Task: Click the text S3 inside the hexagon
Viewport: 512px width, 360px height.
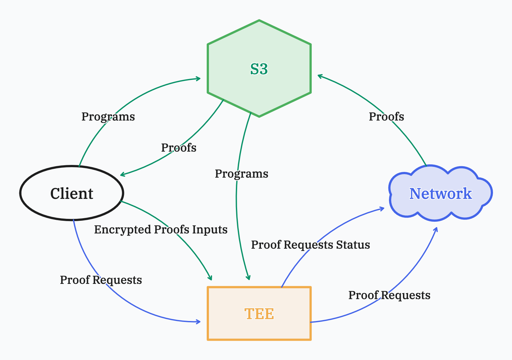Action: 259,69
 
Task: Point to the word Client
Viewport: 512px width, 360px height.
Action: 72,193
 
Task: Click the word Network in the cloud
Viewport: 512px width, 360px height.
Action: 441,193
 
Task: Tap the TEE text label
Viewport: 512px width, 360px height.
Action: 259,314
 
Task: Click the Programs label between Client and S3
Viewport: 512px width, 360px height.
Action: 108,117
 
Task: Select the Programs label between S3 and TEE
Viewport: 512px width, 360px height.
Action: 242,174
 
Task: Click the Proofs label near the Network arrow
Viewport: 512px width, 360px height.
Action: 386,117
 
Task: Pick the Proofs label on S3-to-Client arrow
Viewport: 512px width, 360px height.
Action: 179,148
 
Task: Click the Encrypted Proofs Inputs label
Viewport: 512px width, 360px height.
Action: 161,230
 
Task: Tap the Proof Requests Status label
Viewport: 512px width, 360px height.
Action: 310,245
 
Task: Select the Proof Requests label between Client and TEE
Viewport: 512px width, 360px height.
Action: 101,280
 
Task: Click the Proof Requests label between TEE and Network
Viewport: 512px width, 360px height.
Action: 389,295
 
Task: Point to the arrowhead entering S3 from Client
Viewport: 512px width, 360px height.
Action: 198,78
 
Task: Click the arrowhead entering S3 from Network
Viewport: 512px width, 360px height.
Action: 320,76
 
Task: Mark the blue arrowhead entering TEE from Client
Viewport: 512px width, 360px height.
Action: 198,322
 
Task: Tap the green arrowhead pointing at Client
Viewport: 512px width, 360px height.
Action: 122,175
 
